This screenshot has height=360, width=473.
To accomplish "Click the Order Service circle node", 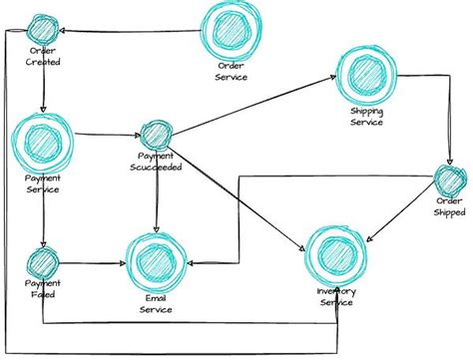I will [233, 32].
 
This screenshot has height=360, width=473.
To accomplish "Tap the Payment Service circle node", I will [41, 142].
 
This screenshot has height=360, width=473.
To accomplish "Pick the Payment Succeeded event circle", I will [155, 134].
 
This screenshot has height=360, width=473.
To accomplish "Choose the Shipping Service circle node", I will [368, 73].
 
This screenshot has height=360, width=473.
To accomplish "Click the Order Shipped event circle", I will [451, 181].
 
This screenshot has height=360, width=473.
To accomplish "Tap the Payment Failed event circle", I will [43, 263].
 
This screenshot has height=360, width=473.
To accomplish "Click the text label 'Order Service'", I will [233, 72].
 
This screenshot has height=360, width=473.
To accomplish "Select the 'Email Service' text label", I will [154, 305].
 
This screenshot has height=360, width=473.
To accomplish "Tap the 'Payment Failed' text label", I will [43, 290].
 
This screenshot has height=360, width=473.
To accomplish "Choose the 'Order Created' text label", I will [43, 58].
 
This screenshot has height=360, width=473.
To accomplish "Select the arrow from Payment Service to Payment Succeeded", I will [105, 135].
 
